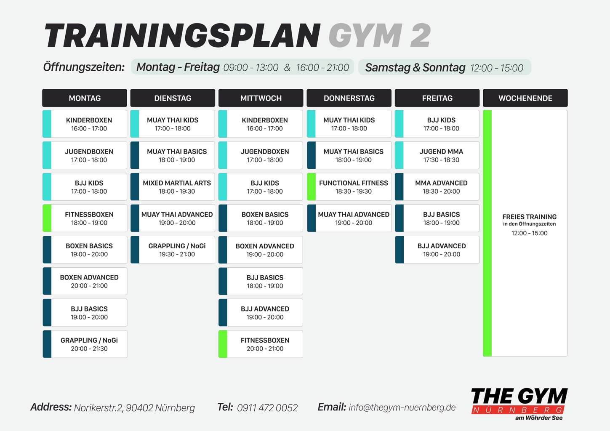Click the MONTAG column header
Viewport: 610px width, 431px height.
coord(85,98)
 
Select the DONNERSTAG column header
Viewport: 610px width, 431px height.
coord(349,98)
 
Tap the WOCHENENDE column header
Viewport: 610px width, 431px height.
coord(525,98)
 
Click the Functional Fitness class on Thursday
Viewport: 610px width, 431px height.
coord(349,187)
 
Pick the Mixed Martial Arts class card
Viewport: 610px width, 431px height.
coord(173,187)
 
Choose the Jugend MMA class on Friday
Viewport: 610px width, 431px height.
coord(437,155)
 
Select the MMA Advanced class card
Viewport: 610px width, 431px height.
coord(437,187)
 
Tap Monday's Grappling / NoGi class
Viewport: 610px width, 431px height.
coord(85,344)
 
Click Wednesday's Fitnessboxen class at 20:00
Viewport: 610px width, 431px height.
coord(261,344)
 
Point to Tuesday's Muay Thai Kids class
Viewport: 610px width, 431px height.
coord(173,124)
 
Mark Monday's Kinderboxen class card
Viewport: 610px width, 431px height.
coord(85,124)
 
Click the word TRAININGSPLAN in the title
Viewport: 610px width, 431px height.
coord(182,36)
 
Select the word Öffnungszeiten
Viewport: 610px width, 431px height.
coord(84,67)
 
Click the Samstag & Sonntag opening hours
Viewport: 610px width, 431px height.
coord(445,67)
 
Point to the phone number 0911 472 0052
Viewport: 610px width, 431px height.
coord(267,407)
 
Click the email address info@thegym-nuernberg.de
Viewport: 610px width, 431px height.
coord(402,407)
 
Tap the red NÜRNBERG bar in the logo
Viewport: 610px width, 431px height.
coord(517,410)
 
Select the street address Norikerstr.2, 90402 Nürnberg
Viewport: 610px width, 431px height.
coord(135,408)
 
